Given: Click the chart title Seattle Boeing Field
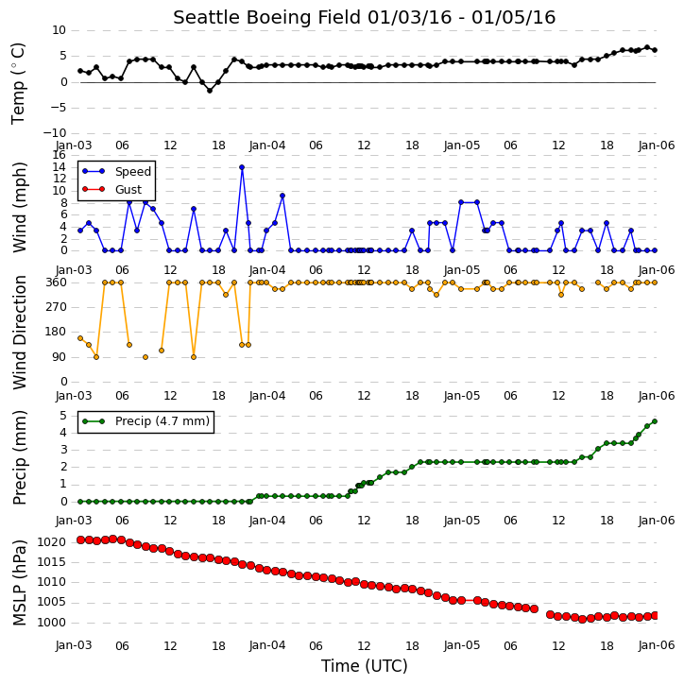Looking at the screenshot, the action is point(266,18).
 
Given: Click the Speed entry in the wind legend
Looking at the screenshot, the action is point(133,171).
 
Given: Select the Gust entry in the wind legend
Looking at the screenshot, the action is point(128,189).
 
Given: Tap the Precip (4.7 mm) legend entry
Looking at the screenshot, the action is point(162,421).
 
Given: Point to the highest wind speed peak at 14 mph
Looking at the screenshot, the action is point(242,167).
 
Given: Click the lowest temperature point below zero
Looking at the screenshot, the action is point(210,91).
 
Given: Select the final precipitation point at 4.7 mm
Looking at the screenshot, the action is point(655,421).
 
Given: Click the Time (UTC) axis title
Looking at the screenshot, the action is point(365,666).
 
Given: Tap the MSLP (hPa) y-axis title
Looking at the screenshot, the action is point(19,582).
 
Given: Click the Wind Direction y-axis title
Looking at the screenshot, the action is point(19,332).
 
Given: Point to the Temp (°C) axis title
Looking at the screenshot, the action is point(18,83).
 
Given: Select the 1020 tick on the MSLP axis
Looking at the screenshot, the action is point(52,542).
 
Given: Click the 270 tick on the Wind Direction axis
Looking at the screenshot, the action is point(57,307).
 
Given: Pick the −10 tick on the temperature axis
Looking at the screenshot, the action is point(55,133).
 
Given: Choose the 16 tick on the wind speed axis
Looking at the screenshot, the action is point(59,155).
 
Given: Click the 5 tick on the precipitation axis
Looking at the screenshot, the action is point(63,416).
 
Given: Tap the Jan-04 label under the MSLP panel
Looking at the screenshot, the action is point(267,645).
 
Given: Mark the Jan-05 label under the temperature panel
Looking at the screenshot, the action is point(462,146).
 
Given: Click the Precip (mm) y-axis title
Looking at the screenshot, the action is point(19,457).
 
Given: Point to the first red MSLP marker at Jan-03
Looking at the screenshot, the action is point(81,539).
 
